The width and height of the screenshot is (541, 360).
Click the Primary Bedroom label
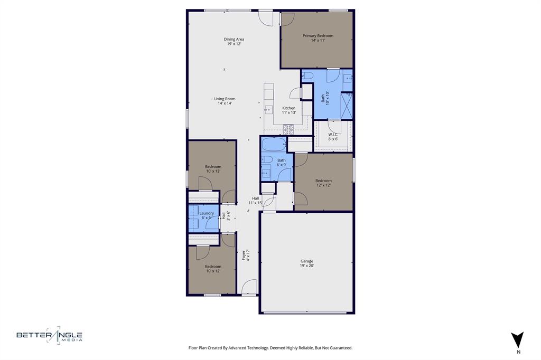318,37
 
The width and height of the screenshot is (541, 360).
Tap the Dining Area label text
234,41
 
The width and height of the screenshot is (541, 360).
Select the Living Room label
225,101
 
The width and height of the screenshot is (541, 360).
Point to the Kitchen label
288,110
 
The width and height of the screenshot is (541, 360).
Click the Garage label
306,263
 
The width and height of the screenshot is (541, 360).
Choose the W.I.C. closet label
333,136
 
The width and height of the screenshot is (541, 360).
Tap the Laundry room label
206,215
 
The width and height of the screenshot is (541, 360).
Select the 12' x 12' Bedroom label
323,183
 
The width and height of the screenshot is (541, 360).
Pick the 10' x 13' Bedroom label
213,169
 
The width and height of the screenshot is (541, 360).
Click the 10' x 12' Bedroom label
213,269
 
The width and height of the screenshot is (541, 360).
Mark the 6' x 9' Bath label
282,162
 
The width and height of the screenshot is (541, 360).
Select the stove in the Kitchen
288,128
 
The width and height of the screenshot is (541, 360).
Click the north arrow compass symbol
518,339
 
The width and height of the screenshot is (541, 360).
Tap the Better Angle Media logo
49,335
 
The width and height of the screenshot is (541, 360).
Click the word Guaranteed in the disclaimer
339,348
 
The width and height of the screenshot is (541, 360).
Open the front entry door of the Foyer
248,288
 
